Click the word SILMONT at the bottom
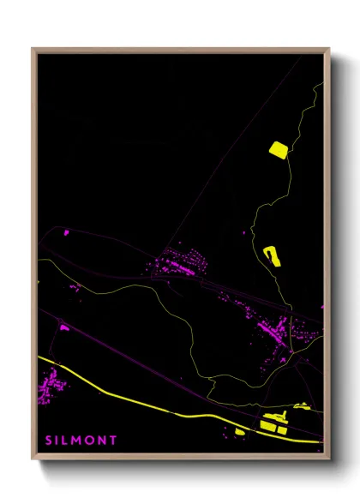81,440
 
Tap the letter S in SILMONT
49,440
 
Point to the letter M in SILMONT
75,440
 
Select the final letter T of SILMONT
113,440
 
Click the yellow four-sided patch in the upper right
279,149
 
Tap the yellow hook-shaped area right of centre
272,255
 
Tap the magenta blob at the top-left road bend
65,231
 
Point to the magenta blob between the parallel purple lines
63,327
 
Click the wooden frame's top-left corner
33,50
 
